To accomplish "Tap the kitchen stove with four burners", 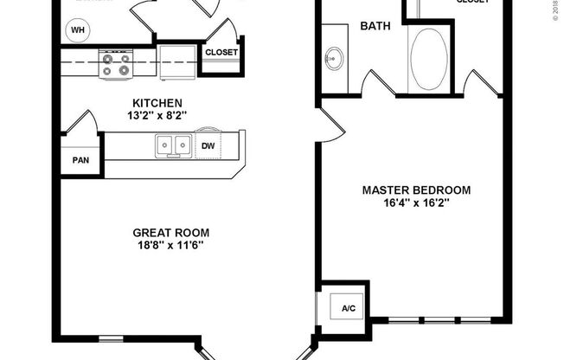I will tap(115, 64).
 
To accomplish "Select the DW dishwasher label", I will tap(208, 145).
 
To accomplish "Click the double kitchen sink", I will tap(173, 146).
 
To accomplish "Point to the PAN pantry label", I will tap(80, 160).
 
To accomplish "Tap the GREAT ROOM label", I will tap(170, 232).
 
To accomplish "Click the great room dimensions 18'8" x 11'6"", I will tap(170, 245).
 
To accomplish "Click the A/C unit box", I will tap(349, 308).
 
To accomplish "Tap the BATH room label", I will tap(375, 26).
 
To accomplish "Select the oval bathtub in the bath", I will tap(430, 59).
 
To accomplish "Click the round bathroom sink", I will tap(334, 61).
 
